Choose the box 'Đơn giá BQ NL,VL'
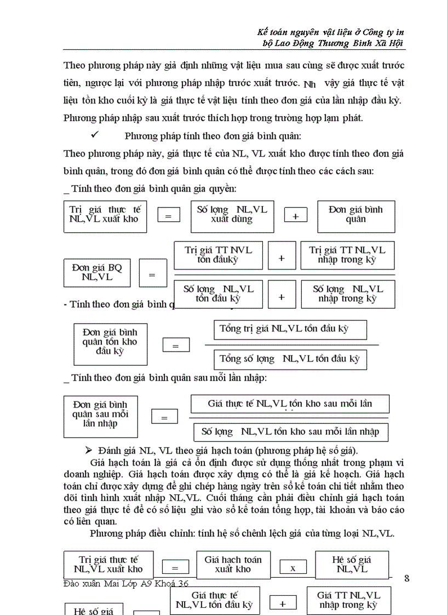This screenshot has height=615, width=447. click(98, 273)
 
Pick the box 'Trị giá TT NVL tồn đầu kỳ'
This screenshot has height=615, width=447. click(218, 255)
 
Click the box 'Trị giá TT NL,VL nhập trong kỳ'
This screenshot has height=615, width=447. click(347, 255)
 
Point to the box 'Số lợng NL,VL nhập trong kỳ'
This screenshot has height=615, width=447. click(348, 294)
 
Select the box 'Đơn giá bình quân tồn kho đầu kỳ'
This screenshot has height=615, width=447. click(110, 343)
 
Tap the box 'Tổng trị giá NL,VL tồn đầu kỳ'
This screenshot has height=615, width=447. click(290, 330)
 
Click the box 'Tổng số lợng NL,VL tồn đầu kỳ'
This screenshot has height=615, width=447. click(290, 359)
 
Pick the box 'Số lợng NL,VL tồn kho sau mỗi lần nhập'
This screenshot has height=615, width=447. click(290, 432)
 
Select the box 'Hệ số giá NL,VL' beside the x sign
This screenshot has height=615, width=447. click(352, 565)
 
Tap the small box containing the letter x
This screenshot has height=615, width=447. click(293, 568)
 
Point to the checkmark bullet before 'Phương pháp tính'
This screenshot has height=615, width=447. click(96, 135)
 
